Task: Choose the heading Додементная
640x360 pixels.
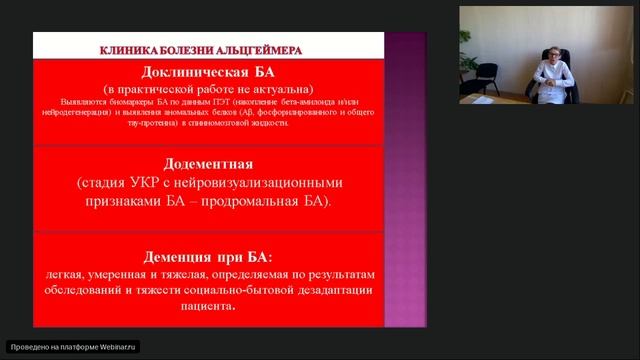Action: coord(208,164)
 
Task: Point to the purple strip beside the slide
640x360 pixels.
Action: coord(405,180)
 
